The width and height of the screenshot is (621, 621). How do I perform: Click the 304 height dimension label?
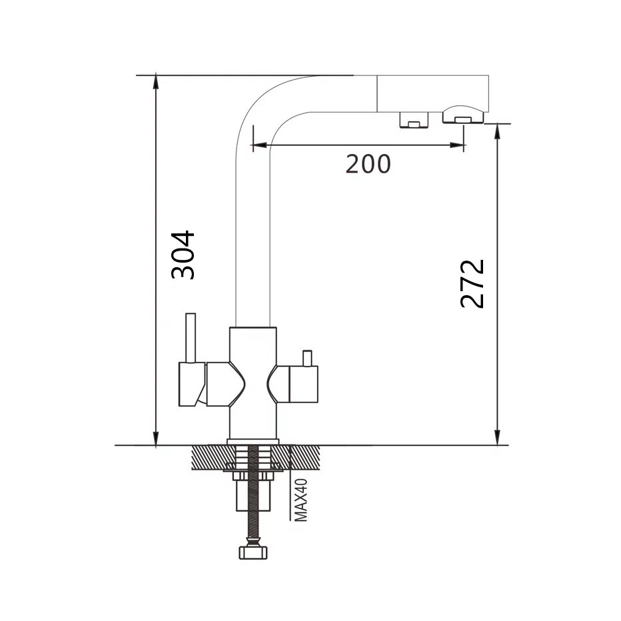tap(183, 255)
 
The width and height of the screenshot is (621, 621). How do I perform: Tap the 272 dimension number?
tap(472, 284)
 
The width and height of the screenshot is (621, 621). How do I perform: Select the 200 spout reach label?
tap(368, 164)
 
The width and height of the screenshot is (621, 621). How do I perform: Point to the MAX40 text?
tap(301, 500)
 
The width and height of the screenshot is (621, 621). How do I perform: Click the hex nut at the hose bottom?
tap(253, 552)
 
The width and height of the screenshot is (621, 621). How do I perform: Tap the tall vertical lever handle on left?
tap(191, 338)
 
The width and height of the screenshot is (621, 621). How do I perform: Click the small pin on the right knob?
tap(307, 358)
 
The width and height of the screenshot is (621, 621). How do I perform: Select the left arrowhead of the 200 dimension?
tap(259, 145)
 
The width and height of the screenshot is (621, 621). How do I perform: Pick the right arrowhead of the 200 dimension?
tap(457, 145)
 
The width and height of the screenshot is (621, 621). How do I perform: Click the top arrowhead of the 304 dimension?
tap(156, 83)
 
